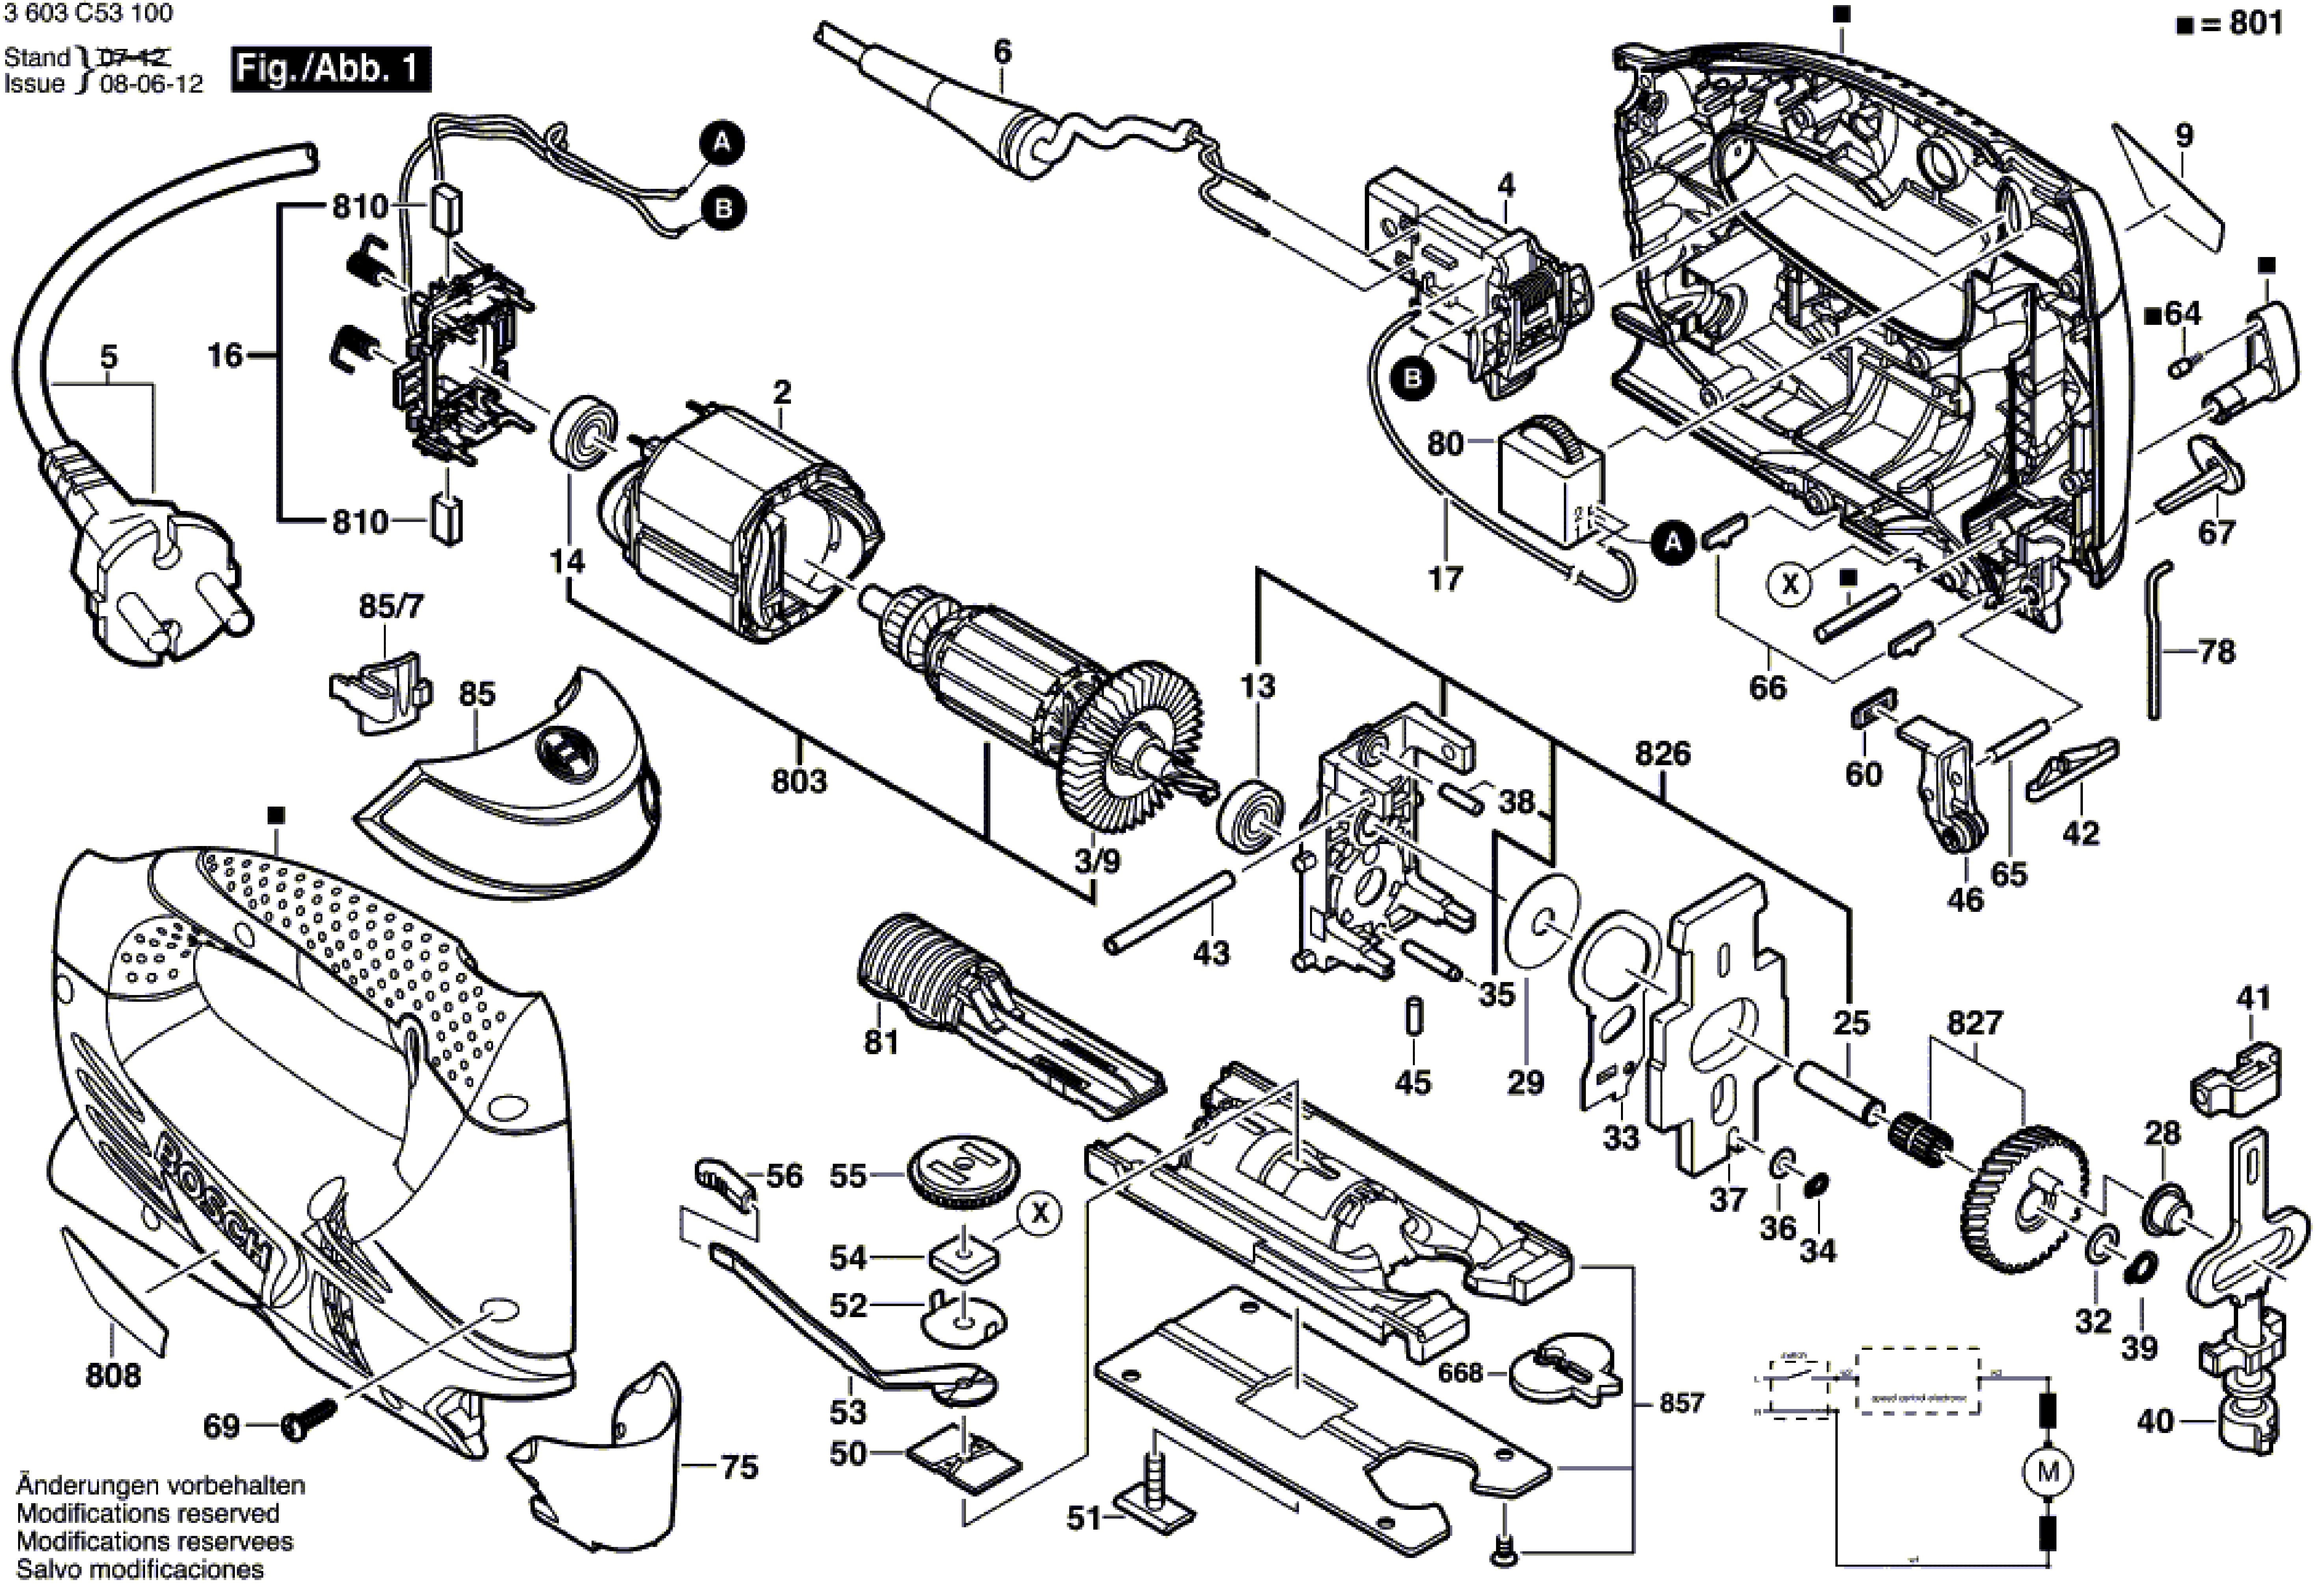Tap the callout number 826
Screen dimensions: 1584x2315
pos(1662,754)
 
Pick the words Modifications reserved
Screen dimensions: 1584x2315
pos(147,1513)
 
